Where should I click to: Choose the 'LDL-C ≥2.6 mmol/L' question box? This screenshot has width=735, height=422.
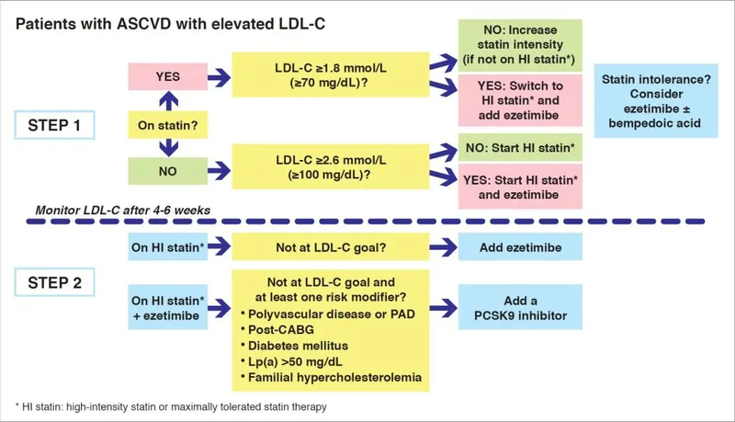click(316, 171)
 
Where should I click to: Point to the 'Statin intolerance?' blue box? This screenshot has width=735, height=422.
click(655, 98)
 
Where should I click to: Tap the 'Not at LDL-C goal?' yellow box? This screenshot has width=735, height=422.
click(316, 248)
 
